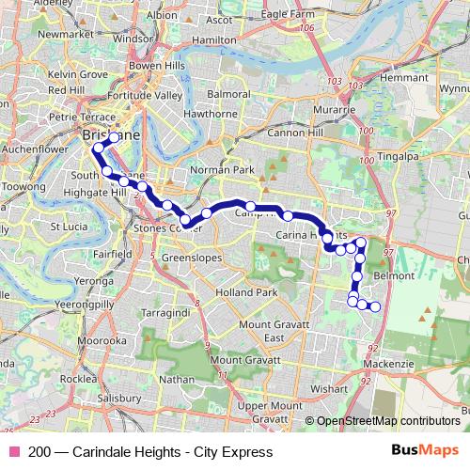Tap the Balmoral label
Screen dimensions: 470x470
point(228,95)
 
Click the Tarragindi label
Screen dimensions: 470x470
point(164,310)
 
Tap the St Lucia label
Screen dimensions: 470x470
point(69,227)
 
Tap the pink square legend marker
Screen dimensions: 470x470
point(14,452)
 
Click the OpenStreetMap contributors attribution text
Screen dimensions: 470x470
point(388,421)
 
